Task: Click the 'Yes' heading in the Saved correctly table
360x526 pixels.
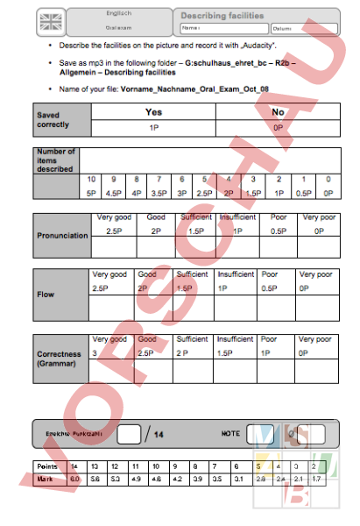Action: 153,112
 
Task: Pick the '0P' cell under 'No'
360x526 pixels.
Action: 279,127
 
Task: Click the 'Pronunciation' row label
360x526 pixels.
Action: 61,236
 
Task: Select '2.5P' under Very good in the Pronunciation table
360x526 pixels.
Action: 114,231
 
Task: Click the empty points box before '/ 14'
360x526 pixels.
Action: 130,433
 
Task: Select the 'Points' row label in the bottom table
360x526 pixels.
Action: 46,467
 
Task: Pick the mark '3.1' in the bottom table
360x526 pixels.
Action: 238,480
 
